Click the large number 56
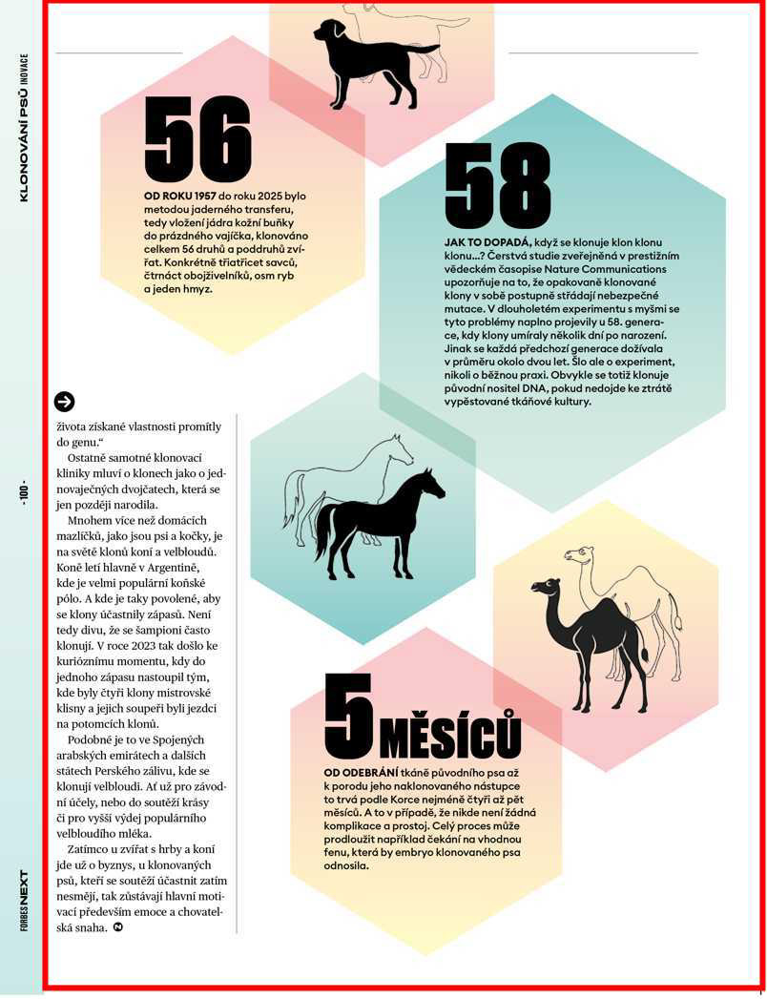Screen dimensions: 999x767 pos(197,139)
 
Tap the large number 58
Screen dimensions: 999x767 pos(498,187)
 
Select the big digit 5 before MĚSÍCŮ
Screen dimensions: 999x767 pos(348,717)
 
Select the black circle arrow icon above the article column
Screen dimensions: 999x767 pos(64,402)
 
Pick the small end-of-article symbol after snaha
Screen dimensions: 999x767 pos(117,926)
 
